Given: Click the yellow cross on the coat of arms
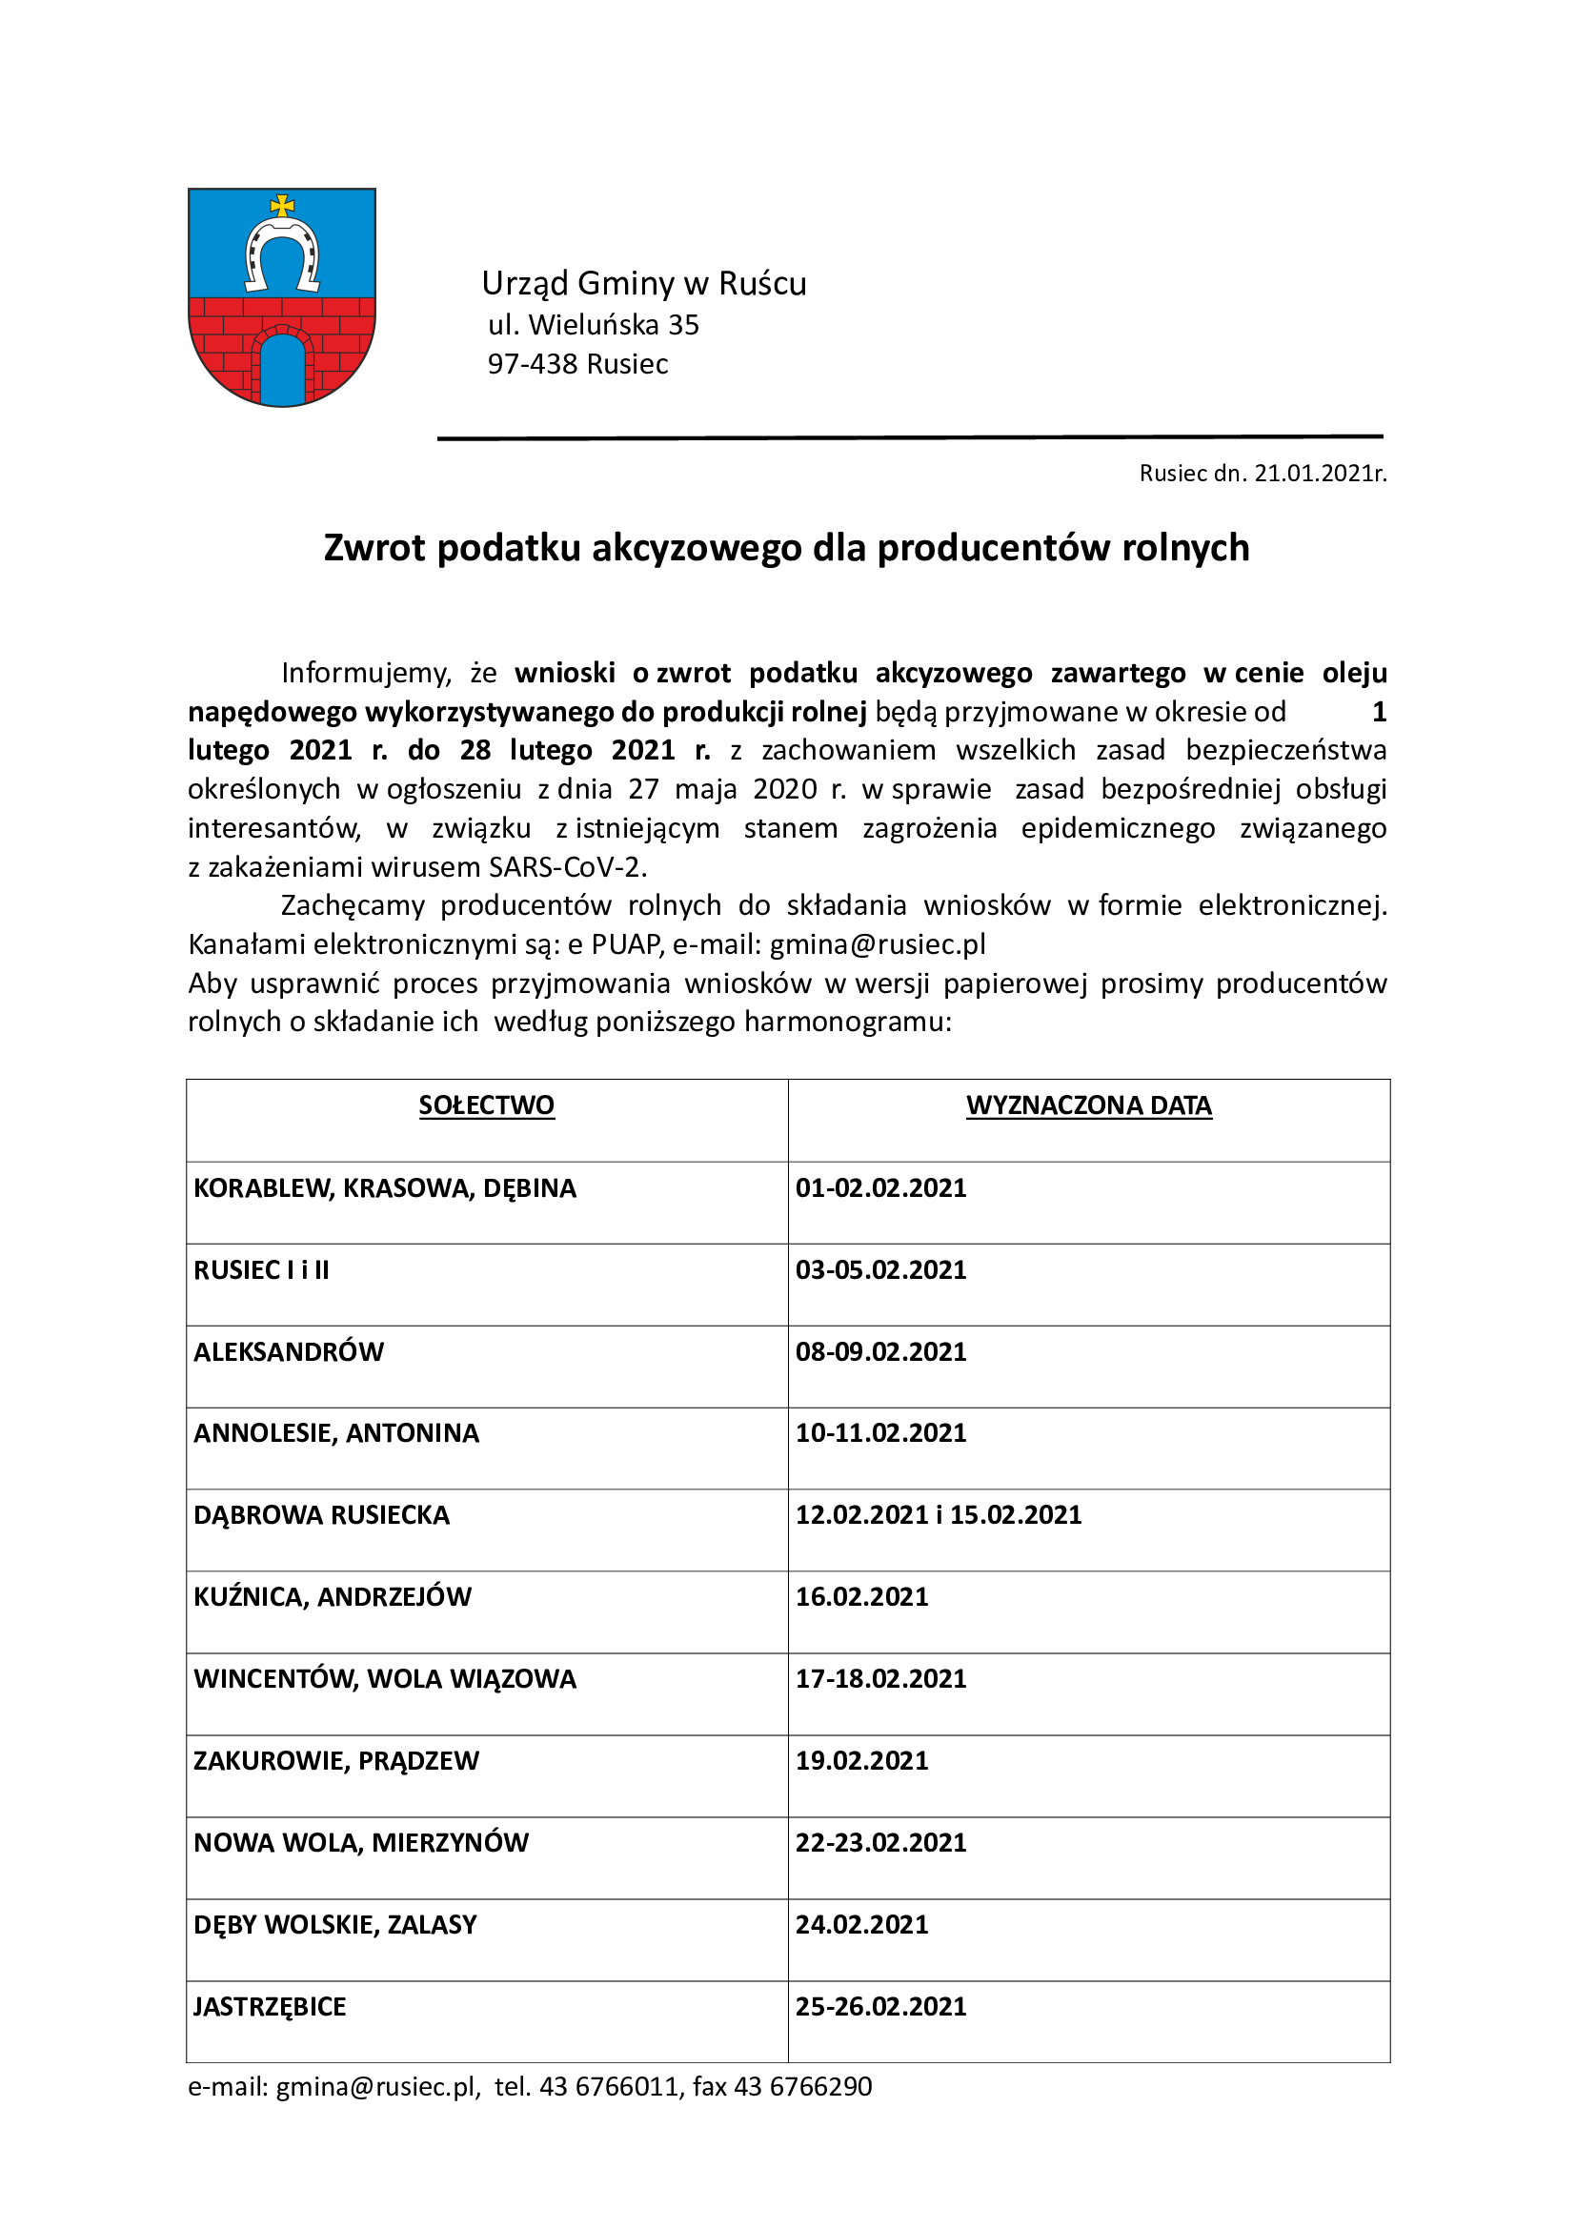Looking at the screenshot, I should tap(282, 206).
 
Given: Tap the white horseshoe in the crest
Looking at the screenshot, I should tap(282, 253).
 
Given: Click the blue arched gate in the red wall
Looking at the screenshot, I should tap(283, 370).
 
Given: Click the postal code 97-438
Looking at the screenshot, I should tap(533, 364).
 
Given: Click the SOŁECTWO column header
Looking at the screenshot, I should tap(486, 1105).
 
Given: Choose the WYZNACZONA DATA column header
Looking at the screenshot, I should tap(1089, 1105).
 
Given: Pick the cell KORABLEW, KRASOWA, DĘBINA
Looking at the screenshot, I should tap(385, 1188).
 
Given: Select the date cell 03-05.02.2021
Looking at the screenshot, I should tap(881, 1269).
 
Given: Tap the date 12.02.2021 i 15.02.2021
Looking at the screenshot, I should tap(939, 1514).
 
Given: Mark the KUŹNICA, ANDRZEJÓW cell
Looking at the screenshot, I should tap(333, 1597).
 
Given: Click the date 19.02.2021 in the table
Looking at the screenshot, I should tap(861, 1760).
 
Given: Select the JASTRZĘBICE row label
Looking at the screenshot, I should tap(270, 2007).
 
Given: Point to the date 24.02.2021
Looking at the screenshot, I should tap(861, 1924).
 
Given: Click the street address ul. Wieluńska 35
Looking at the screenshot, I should tap(593, 325).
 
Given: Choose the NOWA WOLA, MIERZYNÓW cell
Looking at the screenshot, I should tap(361, 1843).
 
